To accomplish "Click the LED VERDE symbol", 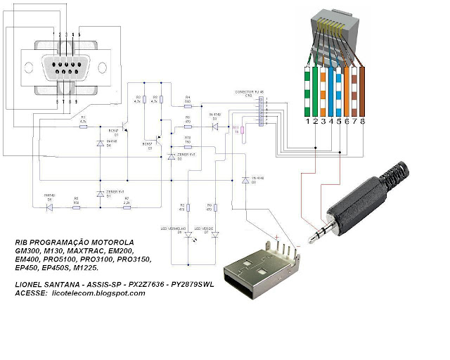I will click(x=216, y=236).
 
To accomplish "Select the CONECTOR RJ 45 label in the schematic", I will click(x=251, y=92).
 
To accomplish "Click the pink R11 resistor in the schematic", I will click(x=243, y=130).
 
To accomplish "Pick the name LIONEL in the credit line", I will click(x=30, y=284).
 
